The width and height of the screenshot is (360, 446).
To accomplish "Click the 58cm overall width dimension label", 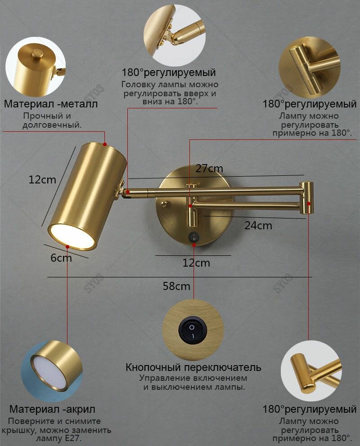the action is point(176,286).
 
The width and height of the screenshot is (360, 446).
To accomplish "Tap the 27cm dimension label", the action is point(209,169).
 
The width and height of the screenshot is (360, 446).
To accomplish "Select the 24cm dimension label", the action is point(258,226).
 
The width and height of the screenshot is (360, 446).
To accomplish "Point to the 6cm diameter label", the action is point(61,258).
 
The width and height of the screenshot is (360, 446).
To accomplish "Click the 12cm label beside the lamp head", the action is point(42,180).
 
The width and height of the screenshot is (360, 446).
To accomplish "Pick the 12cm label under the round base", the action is point(196,263).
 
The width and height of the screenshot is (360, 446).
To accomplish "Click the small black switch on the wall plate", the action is point(194,236).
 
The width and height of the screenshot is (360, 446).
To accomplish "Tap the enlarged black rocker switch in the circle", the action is point(193,330).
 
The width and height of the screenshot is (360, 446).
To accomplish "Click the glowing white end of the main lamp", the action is point(71,236).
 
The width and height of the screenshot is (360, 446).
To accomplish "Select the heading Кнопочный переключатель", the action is point(193,367).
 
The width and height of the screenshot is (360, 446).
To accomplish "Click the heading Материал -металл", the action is point(51,104).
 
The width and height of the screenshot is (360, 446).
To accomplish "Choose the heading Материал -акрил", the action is point(52,409).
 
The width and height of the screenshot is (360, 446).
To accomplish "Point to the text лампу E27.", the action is point(58,438).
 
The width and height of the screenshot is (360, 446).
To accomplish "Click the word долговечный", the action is point(52,125).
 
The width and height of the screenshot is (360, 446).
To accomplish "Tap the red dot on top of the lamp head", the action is point(105,144).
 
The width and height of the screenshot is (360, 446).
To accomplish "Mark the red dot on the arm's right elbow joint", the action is point(309,203).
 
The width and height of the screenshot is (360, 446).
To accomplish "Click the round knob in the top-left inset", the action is point(37,54).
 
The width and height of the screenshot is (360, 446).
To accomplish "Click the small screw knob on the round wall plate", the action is point(164,203).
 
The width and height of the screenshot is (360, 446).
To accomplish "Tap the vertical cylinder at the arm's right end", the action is point(307,197).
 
